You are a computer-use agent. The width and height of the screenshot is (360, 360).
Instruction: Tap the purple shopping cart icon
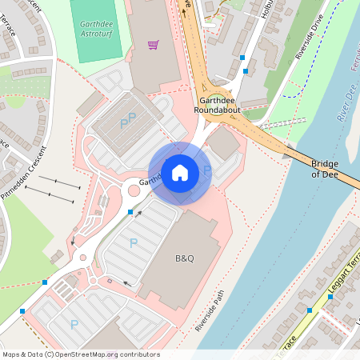pyautogui.click(x=153, y=45)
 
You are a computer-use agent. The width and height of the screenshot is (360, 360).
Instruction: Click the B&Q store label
pyautogui.click(x=185, y=259)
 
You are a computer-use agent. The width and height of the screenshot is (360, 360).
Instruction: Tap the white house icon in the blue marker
pyautogui.click(x=180, y=172)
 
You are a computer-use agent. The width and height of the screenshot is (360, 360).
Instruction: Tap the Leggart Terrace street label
pyautogui.click(x=342, y=272)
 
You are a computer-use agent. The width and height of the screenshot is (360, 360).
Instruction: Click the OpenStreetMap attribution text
pyautogui.click(x=80, y=354)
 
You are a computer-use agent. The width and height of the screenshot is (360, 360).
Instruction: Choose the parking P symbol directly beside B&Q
pyautogui.click(x=134, y=242)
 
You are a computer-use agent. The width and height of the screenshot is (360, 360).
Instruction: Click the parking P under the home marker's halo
pyautogui.click(x=207, y=170)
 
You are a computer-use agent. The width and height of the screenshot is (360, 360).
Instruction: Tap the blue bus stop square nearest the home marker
pyautogui.click(x=130, y=211)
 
